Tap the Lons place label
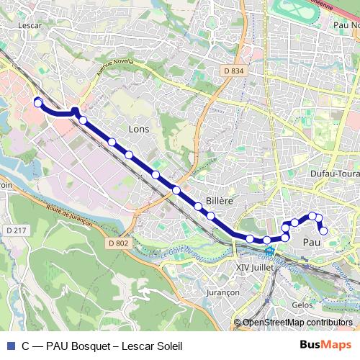pos(138,129)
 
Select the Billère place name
pos(218,201)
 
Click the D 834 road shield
pos(234,71)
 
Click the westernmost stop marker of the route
pos(38,103)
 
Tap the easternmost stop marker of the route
pos(323,230)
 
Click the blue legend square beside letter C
pos(9,346)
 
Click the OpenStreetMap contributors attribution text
pos(297,323)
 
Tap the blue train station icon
pos(269,252)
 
